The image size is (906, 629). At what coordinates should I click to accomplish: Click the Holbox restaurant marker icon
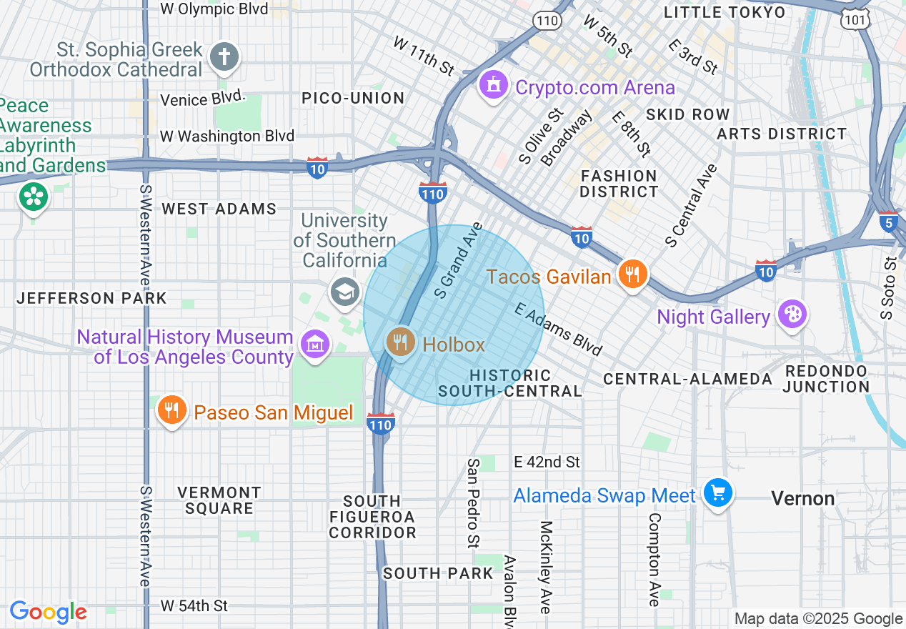click(400, 343)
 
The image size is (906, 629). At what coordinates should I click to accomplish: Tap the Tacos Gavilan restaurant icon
click(632, 274)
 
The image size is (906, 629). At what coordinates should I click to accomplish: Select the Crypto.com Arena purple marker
click(492, 86)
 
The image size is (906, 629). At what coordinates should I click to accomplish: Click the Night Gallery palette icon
click(792, 315)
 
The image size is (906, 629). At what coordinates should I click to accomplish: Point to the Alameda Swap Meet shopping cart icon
click(718, 494)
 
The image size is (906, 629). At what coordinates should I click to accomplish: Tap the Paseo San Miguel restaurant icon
click(171, 411)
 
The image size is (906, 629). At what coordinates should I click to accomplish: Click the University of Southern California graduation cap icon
click(344, 292)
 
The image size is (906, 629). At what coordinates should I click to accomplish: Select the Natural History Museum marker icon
click(314, 345)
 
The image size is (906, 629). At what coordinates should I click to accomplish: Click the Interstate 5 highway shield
click(889, 220)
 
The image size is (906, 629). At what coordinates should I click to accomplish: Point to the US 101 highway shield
click(857, 17)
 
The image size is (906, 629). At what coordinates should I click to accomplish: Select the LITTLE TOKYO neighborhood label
click(725, 12)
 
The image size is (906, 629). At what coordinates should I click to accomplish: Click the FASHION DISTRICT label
click(619, 184)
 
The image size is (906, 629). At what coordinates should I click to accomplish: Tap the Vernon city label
click(803, 498)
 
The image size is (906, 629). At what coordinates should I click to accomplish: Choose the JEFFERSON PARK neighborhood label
click(91, 298)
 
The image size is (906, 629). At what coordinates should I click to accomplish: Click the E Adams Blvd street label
click(559, 330)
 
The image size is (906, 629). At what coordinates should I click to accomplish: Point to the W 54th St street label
click(194, 606)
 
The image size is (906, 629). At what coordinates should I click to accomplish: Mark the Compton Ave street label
click(654, 559)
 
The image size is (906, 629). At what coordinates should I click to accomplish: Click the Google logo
click(48, 612)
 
